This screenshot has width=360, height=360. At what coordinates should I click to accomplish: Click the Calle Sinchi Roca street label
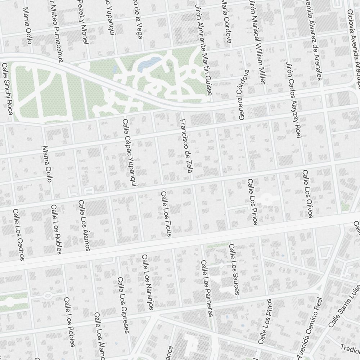tap(8, 89)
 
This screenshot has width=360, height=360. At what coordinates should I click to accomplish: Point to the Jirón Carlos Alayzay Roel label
tap(293, 99)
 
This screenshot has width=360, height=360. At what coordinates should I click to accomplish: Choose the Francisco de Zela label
tap(185, 146)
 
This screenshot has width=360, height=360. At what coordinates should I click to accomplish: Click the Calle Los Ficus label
tap(166, 214)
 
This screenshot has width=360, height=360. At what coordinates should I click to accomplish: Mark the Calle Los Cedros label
tap(18, 234)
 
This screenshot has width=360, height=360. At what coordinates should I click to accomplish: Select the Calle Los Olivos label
tap(307, 194)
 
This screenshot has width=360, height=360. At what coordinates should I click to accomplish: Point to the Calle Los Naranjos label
tap(148, 282)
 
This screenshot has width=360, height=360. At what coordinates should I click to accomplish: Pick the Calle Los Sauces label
tap(234, 269)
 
